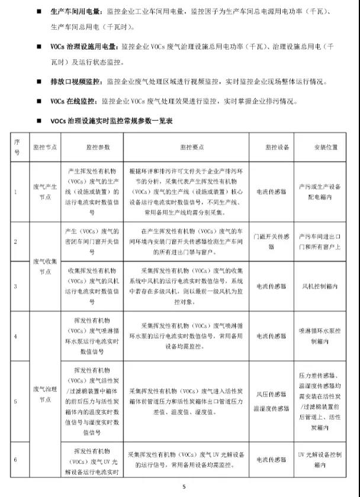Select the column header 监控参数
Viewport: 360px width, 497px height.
point(92,144)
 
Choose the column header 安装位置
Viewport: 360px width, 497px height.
point(319,144)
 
